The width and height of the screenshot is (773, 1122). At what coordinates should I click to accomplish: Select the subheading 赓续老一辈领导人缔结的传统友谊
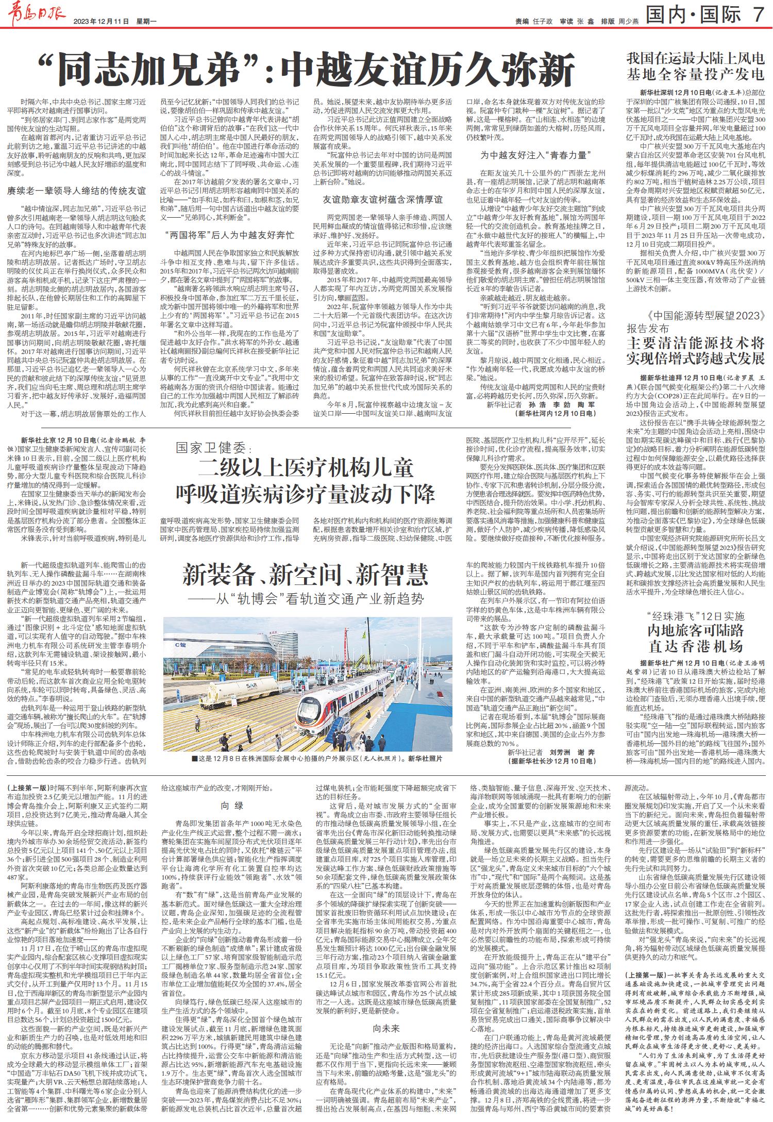click(x=76, y=191)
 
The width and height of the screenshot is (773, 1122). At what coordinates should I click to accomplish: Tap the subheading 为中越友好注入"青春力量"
click(x=536, y=155)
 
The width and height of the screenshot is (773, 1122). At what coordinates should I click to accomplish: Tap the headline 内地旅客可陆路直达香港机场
click(x=695, y=638)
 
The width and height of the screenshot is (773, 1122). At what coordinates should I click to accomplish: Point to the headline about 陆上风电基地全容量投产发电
click(x=695, y=65)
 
